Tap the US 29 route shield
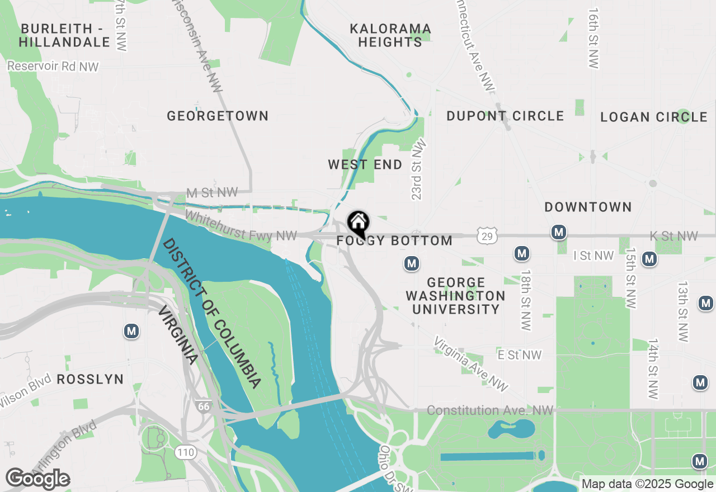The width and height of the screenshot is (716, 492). coord(487,237)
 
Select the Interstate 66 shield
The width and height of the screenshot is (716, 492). coord(203,406)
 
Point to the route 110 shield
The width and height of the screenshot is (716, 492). coord(185,452)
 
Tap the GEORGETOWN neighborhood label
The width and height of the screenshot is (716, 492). coord(218,116)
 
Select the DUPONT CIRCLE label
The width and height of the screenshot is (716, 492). coord(505,116)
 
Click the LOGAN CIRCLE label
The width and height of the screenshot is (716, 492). coord(653,117)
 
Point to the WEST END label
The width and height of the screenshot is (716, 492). coord(365,164)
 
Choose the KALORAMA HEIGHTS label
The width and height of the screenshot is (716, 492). coord(390,35)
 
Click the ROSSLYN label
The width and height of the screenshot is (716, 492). coord(90,379)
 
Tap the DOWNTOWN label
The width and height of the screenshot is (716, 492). coord(588,207)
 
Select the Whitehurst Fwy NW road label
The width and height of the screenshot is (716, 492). coord(241,226)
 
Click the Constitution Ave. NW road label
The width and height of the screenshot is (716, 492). coord(490,411)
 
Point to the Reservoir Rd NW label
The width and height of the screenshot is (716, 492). coord(53,67)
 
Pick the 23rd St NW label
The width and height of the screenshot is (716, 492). coord(418,170)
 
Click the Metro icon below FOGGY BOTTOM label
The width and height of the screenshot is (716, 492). coord(412,263)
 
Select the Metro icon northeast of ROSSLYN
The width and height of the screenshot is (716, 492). coord(131,331)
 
